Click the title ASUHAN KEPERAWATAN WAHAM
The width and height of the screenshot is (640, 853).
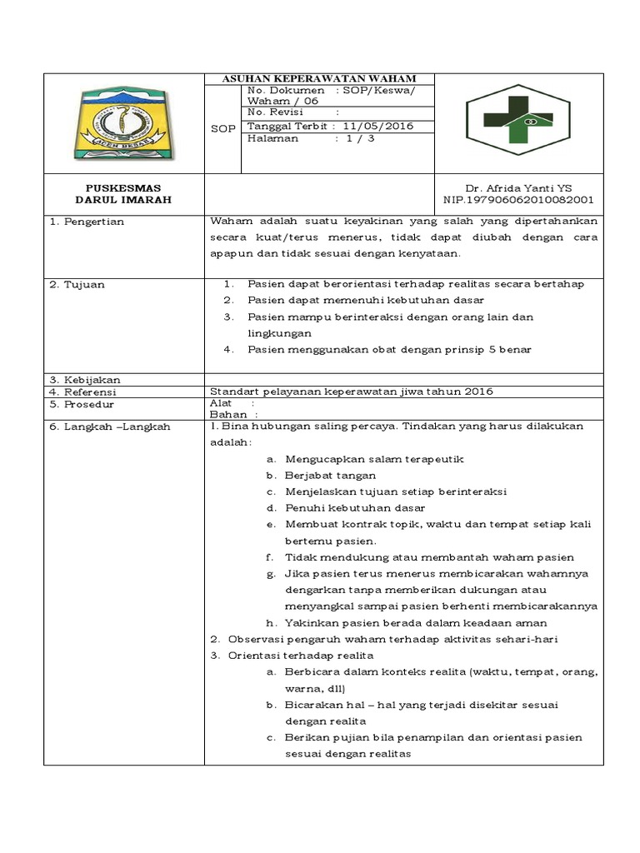pyautogui.click(x=319, y=78)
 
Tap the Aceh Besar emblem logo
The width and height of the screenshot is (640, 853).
pyautogui.click(x=122, y=122)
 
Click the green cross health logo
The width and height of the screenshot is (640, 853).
pyautogui.click(x=517, y=122)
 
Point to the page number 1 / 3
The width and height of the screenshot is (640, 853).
pyautogui.click(x=355, y=139)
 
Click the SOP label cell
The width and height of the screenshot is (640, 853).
pyautogui.click(x=222, y=129)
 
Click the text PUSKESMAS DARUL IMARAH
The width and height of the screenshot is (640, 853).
pyautogui.click(x=123, y=194)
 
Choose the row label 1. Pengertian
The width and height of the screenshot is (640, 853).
pyautogui.click(x=86, y=222)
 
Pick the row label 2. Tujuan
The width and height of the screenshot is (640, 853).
pyautogui.click(x=77, y=285)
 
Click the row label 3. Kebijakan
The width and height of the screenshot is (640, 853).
pyautogui.click(x=85, y=380)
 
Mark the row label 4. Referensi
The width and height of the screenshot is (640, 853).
pyautogui.click(x=83, y=392)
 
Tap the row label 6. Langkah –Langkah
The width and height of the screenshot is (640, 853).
pyautogui.click(x=109, y=426)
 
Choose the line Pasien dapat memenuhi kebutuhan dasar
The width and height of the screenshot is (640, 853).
pyautogui.click(x=365, y=301)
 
